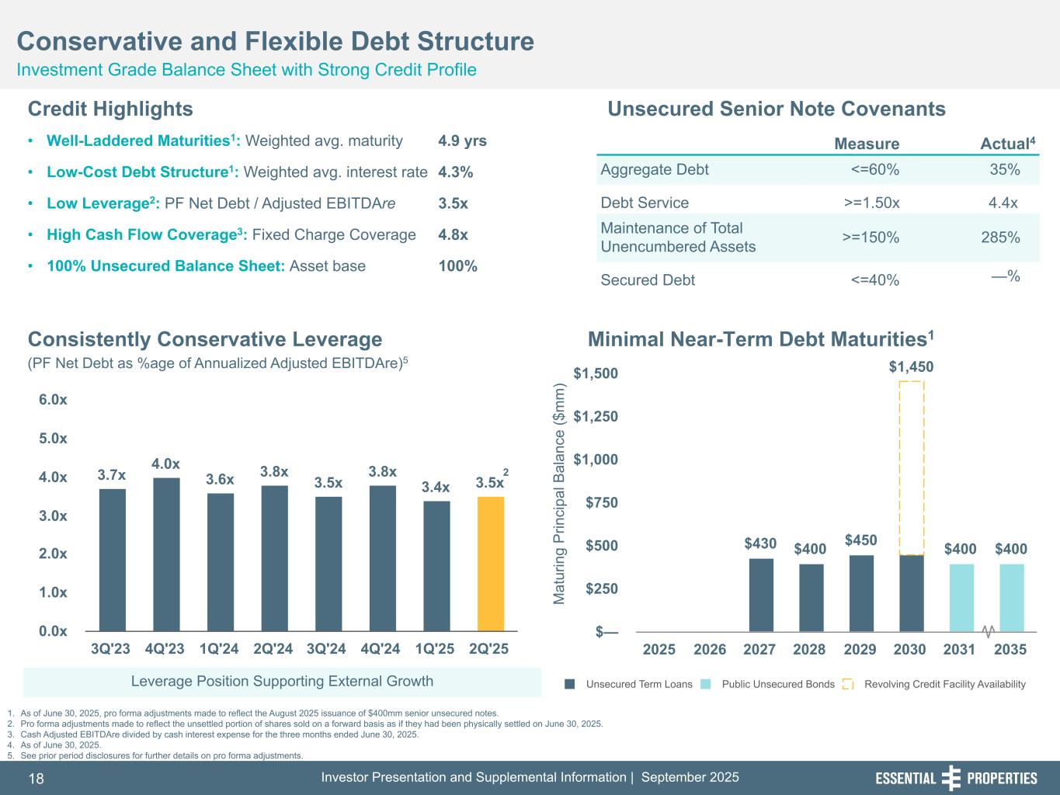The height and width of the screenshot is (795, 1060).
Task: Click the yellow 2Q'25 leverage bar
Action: (491, 564)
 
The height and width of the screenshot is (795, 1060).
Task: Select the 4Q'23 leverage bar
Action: (166, 554)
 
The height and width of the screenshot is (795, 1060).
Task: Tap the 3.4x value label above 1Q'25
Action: (436, 488)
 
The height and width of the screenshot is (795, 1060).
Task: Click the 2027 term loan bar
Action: (761, 595)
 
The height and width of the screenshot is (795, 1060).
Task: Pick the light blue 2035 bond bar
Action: (1012, 597)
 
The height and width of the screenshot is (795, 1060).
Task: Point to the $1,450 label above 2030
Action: (911, 366)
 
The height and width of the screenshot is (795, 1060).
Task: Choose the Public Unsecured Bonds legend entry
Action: (777, 684)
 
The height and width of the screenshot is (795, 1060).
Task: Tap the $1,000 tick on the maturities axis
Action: (596, 460)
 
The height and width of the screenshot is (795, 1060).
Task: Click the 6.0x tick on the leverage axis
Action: (53, 400)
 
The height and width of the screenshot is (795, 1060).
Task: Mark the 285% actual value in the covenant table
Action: (1000, 238)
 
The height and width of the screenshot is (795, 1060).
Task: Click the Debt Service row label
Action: (645, 203)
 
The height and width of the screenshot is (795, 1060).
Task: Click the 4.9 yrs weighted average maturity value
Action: (462, 141)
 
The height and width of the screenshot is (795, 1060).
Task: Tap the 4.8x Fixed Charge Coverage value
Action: (453, 234)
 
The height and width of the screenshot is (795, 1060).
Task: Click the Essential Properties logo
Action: (956, 778)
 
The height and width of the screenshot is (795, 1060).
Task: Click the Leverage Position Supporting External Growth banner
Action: (282, 682)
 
